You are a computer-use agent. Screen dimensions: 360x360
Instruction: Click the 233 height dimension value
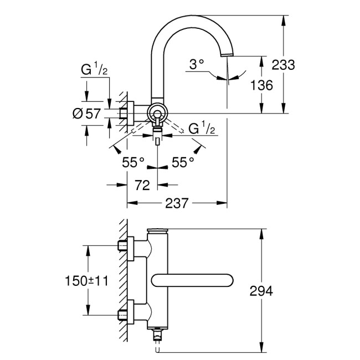coord(283,64)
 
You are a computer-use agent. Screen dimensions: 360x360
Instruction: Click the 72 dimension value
coord(142,186)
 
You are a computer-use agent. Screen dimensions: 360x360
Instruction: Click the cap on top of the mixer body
coord(158,232)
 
